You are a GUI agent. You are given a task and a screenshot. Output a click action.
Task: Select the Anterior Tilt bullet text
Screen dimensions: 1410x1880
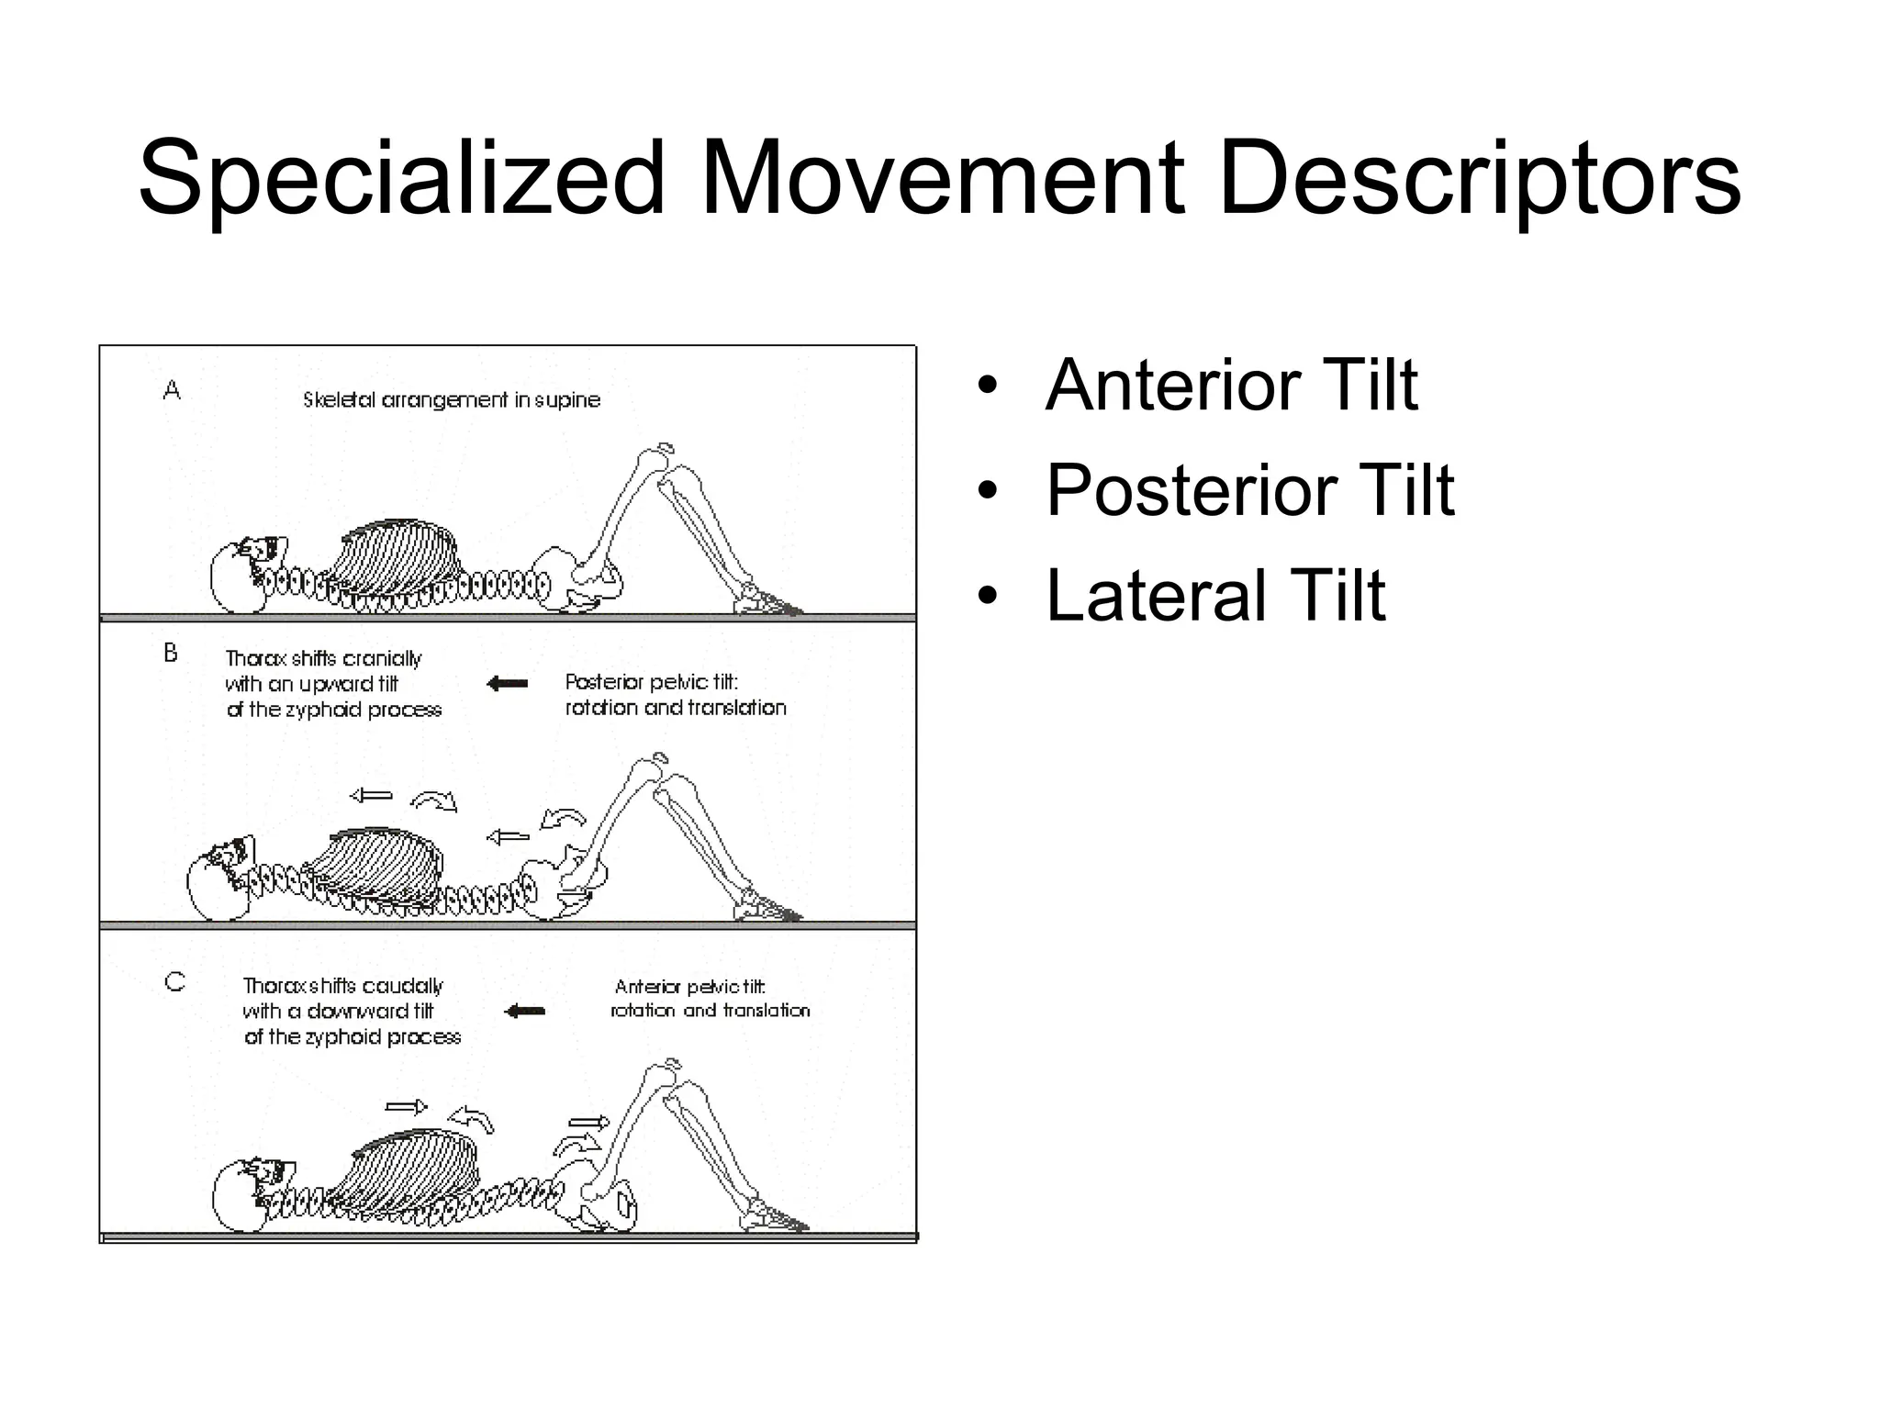pyautogui.click(x=1231, y=385)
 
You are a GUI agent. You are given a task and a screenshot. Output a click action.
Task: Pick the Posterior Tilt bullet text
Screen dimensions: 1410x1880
pyautogui.click(x=1249, y=490)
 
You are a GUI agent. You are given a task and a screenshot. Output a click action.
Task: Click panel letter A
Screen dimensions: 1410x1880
pyautogui.click(x=172, y=391)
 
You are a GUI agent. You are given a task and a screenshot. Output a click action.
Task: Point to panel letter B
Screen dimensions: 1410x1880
pyautogui.click(x=171, y=654)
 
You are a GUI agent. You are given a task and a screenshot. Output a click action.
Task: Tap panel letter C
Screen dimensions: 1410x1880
pyautogui.click(x=174, y=982)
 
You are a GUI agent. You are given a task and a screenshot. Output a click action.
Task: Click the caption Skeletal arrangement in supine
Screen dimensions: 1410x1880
pyautogui.click(x=451, y=400)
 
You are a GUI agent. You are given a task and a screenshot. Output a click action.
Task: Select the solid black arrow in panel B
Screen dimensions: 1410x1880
pyautogui.click(x=507, y=684)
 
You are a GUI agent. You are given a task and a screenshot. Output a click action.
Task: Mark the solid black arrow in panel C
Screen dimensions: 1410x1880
pyautogui.click(x=525, y=1011)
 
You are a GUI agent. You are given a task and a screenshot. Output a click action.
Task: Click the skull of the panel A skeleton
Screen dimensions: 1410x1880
pyautogui.click(x=241, y=576)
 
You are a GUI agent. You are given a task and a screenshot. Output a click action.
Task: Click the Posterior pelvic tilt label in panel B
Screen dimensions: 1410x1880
pyautogui.click(x=652, y=682)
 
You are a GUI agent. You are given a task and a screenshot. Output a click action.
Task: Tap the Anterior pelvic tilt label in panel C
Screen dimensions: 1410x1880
pyautogui.click(x=688, y=987)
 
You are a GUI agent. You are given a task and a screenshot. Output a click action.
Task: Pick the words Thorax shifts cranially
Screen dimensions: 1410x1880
pyautogui.click(x=323, y=659)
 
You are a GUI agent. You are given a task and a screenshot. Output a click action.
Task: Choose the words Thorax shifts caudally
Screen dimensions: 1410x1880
pyautogui.click(x=342, y=986)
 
